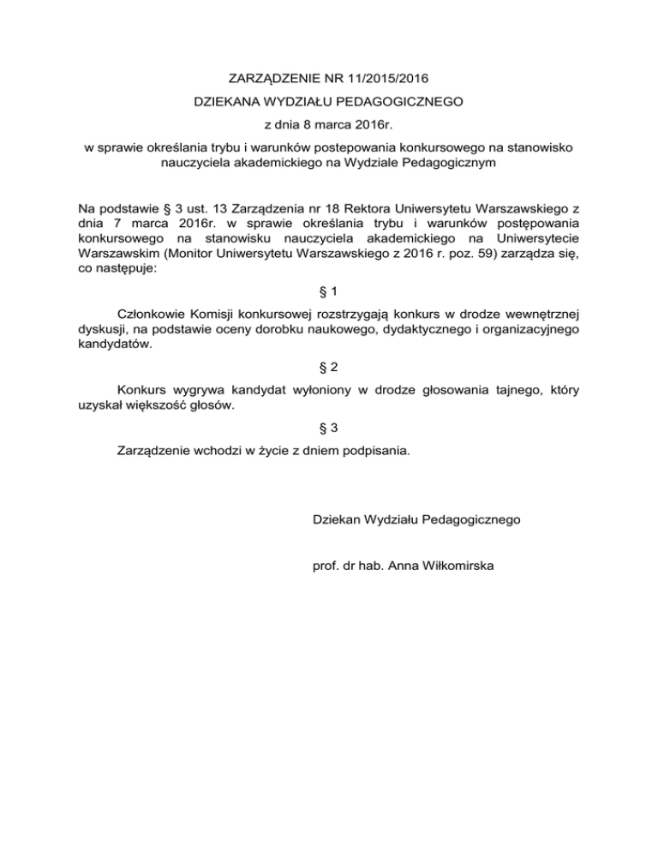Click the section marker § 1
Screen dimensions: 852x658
328,291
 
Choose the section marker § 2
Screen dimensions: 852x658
328,367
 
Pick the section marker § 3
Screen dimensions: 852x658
328,426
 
